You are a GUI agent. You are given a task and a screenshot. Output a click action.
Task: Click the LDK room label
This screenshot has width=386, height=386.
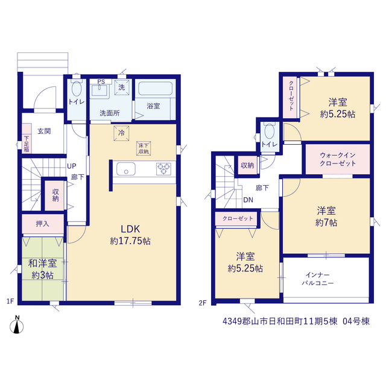tap(130, 229)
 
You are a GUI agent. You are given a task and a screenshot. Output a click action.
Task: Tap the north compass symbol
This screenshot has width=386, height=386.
tap(17, 326)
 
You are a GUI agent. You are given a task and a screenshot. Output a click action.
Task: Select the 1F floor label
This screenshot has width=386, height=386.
tap(10, 301)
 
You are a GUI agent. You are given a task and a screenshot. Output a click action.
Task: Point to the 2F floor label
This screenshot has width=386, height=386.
tap(203, 303)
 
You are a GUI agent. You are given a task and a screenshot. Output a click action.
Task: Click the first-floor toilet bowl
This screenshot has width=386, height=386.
tap(77, 89)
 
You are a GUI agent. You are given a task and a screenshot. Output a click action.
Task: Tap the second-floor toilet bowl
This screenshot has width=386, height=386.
tap(270, 131)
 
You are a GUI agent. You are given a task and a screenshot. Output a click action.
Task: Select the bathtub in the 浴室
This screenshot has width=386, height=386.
tap(155, 89)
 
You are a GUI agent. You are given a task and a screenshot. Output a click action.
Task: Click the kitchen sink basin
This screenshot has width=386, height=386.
tap(126, 169)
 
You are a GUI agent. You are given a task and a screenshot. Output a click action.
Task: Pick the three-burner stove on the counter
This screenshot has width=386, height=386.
tap(163, 169)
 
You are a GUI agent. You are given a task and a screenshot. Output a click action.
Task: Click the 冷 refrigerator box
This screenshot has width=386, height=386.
tap(121, 133)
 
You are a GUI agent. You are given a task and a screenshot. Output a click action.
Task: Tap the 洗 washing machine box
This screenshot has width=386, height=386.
tap(122, 87)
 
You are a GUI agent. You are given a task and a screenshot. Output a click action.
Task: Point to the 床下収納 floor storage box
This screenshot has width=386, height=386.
tap(144, 148)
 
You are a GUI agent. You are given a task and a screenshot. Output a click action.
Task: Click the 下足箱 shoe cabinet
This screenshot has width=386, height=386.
tap(27, 138)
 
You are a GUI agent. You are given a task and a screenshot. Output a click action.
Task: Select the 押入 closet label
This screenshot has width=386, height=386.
tap(42, 224)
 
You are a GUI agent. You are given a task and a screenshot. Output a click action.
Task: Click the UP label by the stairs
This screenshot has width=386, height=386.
tap(72, 166)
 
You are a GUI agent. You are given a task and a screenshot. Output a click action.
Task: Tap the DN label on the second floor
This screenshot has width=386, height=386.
tap(248, 200)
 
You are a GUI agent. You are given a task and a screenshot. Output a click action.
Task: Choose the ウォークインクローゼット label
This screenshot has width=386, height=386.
tap(338, 159)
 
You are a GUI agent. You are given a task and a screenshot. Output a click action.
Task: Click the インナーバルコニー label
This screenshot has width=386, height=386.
tap(318, 279)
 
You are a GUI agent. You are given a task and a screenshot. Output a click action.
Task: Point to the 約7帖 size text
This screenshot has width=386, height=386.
tap(326, 223)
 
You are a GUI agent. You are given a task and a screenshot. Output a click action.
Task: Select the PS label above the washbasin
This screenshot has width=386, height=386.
tap(101, 82)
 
